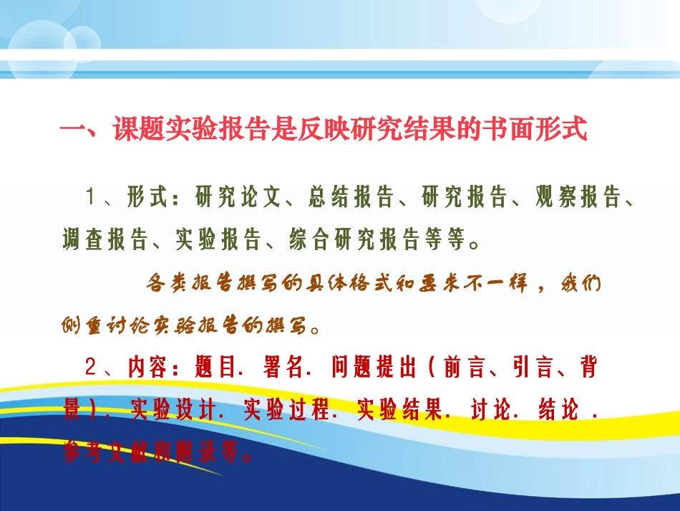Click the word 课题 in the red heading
click(139, 130)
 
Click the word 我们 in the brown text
click(580, 284)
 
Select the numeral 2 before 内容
click(90, 368)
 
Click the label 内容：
click(153, 368)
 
